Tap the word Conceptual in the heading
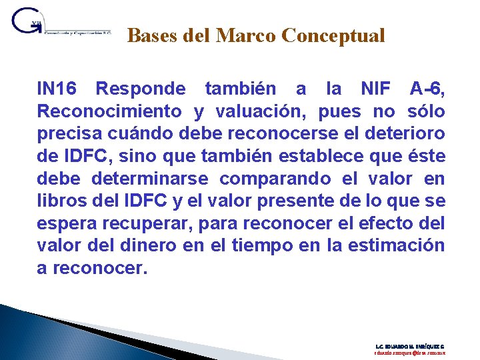333,35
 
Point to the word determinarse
149,179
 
